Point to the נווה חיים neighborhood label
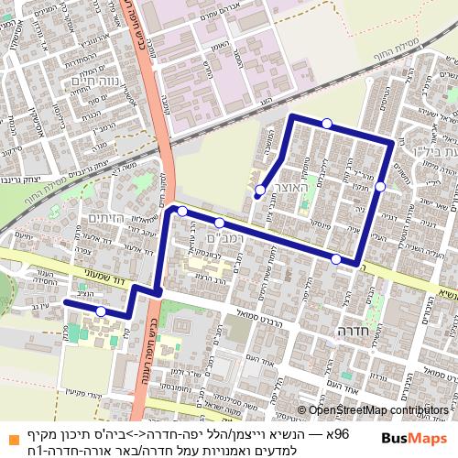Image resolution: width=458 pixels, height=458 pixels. (x=71, y=82)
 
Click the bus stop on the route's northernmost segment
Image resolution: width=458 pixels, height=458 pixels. (x=326, y=124)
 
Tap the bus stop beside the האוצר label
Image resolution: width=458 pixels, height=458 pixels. (x=260, y=191)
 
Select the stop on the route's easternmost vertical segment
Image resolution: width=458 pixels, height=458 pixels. (x=380, y=187)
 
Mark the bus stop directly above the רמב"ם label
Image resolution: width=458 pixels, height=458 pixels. (x=220, y=223)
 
